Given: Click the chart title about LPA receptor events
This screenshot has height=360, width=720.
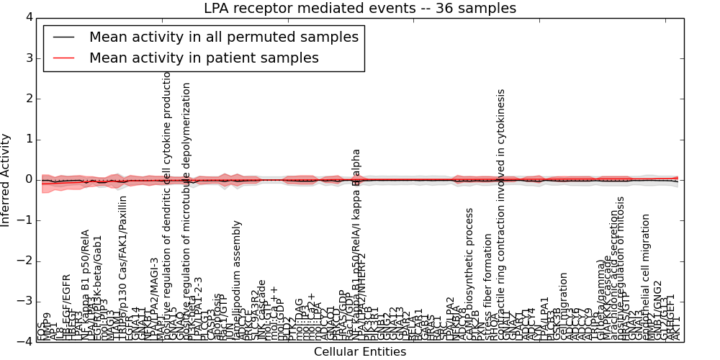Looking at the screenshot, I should pyautogui.click(x=360, y=9).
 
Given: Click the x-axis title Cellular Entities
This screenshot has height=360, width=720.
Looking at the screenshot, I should pyautogui.click(x=360, y=352).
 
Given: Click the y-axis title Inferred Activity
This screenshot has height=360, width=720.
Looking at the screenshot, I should pyautogui.click(x=6, y=180).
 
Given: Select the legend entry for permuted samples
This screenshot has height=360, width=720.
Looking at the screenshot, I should pyautogui.click(x=223, y=37).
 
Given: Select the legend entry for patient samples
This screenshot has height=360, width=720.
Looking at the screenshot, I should pyautogui.click(x=204, y=58).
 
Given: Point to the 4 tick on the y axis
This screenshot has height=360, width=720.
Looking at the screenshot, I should pyautogui.click(x=28, y=17).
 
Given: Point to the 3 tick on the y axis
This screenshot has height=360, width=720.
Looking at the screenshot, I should pyautogui.click(x=28, y=58).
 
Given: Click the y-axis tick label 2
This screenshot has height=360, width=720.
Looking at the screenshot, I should pyautogui.click(x=28, y=99).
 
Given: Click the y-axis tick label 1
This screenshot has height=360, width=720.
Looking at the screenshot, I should pyautogui.click(x=28, y=139).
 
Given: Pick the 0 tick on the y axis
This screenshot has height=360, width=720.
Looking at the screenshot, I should pyautogui.click(x=28, y=179).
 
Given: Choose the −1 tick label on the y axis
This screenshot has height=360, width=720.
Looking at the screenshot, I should pyautogui.click(x=25, y=220).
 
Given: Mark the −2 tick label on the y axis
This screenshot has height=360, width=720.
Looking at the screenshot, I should pyautogui.click(x=25, y=261).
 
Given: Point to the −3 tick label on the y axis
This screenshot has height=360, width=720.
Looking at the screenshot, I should pyautogui.click(x=25, y=301).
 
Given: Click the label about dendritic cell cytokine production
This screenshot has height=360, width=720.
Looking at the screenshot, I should pyautogui.click(x=168, y=194).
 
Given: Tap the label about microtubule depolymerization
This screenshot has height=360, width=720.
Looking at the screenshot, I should pyautogui.click(x=186, y=202).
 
